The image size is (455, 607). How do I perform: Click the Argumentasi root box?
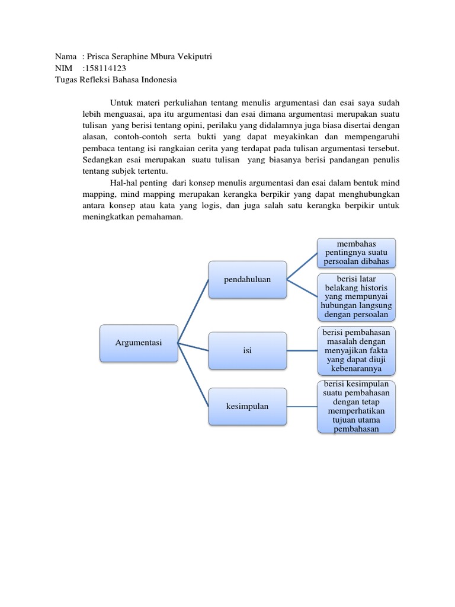point(139,343)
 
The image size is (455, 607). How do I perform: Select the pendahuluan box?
point(247,279)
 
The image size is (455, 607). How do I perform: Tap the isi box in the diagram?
point(247,350)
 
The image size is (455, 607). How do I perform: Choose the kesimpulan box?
point(247,406)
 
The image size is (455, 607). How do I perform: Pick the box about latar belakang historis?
point(357,296)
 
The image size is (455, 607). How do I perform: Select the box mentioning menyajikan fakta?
point(357,350)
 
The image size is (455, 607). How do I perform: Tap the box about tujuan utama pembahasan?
point(357,406)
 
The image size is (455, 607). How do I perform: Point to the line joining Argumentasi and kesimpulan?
point(193,375)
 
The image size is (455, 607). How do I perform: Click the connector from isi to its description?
point(302,350)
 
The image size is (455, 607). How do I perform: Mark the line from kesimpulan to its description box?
point(302,406)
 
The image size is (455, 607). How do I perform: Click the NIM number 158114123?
point(106,68)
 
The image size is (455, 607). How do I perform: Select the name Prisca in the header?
point(100,57)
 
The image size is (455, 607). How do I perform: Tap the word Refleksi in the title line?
point(97,79)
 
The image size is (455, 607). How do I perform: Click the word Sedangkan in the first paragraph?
point(101,160)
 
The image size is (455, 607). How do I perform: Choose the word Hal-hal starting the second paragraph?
point(124,183)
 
